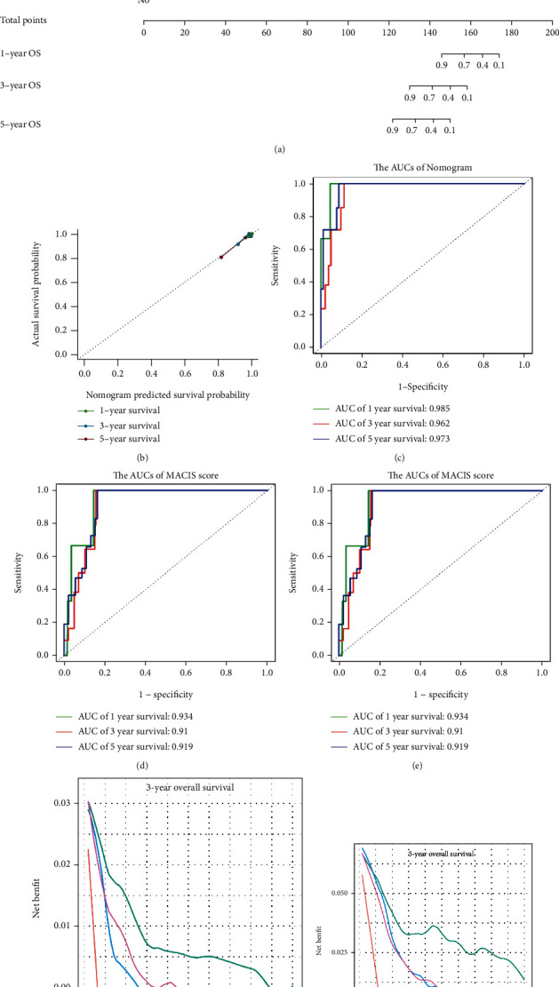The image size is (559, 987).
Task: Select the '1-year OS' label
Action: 21,53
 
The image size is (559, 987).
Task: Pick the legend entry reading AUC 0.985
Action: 413,410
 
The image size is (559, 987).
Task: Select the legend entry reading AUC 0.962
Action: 413,425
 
